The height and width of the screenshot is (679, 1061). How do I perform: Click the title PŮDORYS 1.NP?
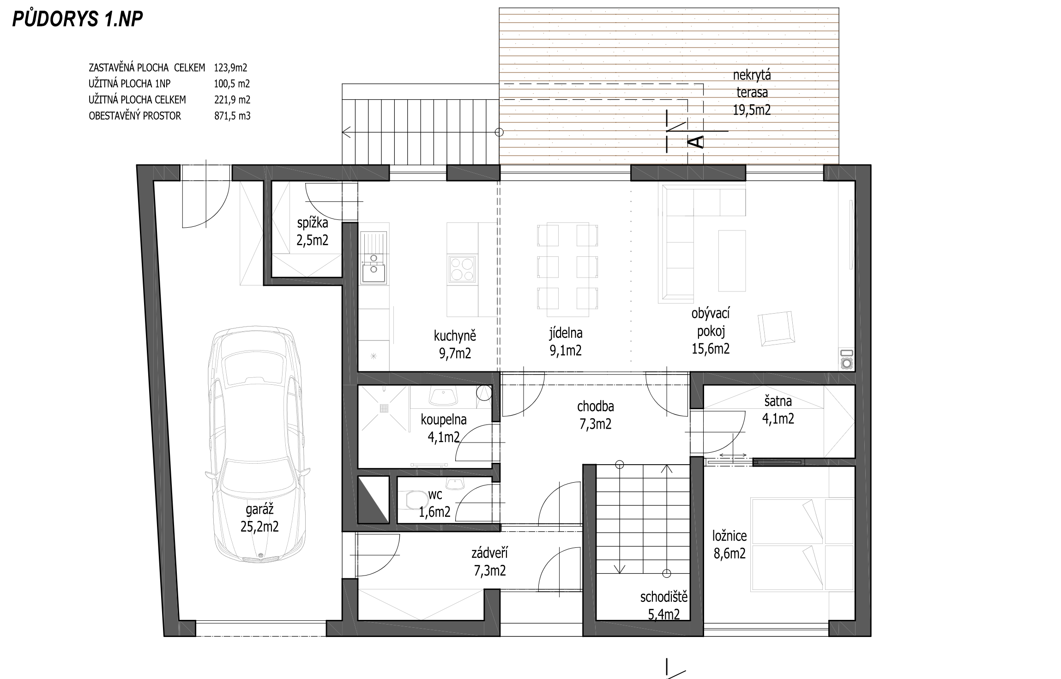click(78, 19)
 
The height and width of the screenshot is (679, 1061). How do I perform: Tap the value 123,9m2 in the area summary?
click(230, 68)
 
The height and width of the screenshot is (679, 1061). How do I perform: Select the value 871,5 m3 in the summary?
click(232, 116)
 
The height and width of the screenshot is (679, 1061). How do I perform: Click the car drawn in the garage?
click(258, 446)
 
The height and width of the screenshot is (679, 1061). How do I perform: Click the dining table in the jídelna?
click(568, 270)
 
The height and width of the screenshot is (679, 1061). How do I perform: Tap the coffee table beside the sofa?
click(732, 261)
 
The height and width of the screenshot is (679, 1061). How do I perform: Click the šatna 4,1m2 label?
click(778, 410)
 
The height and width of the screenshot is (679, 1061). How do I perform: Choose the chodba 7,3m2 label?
click(596, 415)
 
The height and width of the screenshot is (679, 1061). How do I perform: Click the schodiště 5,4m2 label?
click(663, 606)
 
